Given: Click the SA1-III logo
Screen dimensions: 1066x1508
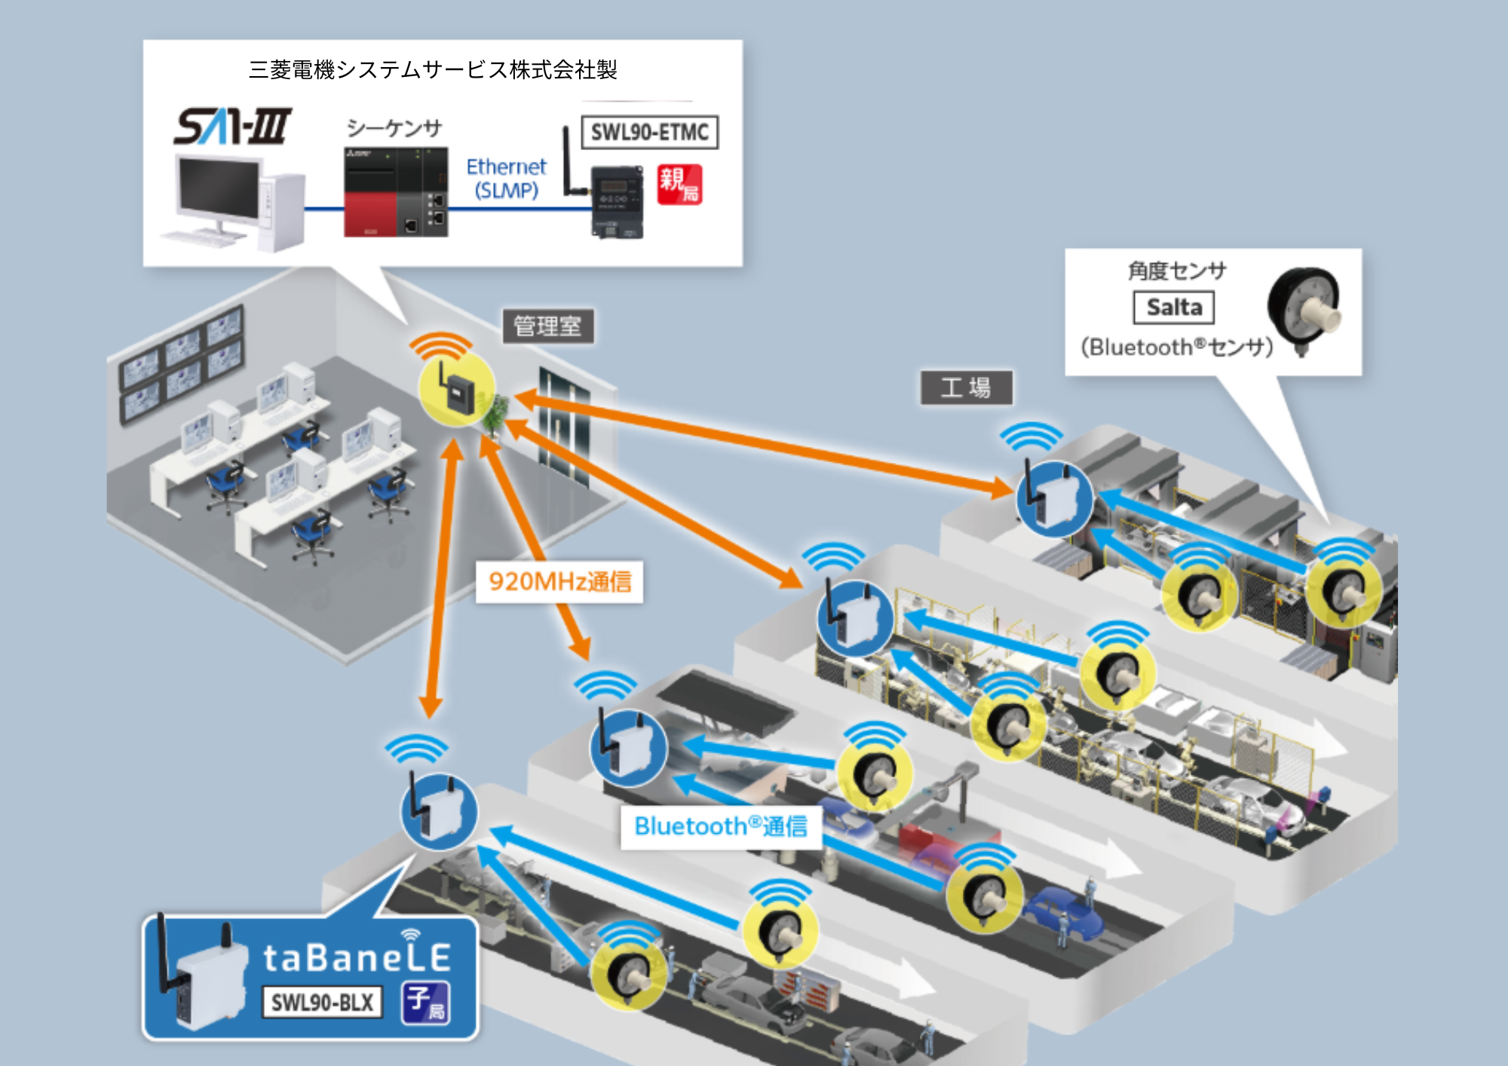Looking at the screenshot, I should click(x=232, y=126).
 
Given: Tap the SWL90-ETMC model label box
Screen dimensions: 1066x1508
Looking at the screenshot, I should click(x=649, y=133).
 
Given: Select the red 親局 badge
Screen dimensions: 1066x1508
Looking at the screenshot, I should click(x=679, y=185).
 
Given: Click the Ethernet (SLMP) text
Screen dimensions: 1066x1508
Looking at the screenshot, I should click(x=506, y=178).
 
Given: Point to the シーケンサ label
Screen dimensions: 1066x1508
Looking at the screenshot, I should click(x=394, y=128).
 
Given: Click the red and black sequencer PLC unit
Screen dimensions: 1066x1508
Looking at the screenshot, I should click(x=396, y=193).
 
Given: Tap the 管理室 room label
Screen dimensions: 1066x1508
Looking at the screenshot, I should click(x=548, y=326).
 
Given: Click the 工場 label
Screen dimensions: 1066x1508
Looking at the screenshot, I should click(x=966, y=387).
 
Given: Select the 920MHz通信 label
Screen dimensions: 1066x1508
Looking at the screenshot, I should click(x=559, y=581).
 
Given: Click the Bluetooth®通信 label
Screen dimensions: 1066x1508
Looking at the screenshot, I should click(x=721, y=826).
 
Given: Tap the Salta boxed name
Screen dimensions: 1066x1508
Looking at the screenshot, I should click(x=1174, y=308).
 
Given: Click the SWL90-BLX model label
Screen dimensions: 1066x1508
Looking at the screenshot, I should click(x=322, y=1002).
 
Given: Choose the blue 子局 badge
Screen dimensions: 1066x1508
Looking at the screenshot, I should click(x=426, y=1003).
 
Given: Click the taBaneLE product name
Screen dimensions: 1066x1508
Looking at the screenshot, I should click(x=357, y=957).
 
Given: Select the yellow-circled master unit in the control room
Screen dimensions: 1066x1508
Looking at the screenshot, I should click(x=457, y=389).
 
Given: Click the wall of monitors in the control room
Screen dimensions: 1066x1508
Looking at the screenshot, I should click(x=182, y=362).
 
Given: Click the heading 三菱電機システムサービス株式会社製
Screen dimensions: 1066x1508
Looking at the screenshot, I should click(x=433, y=70).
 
